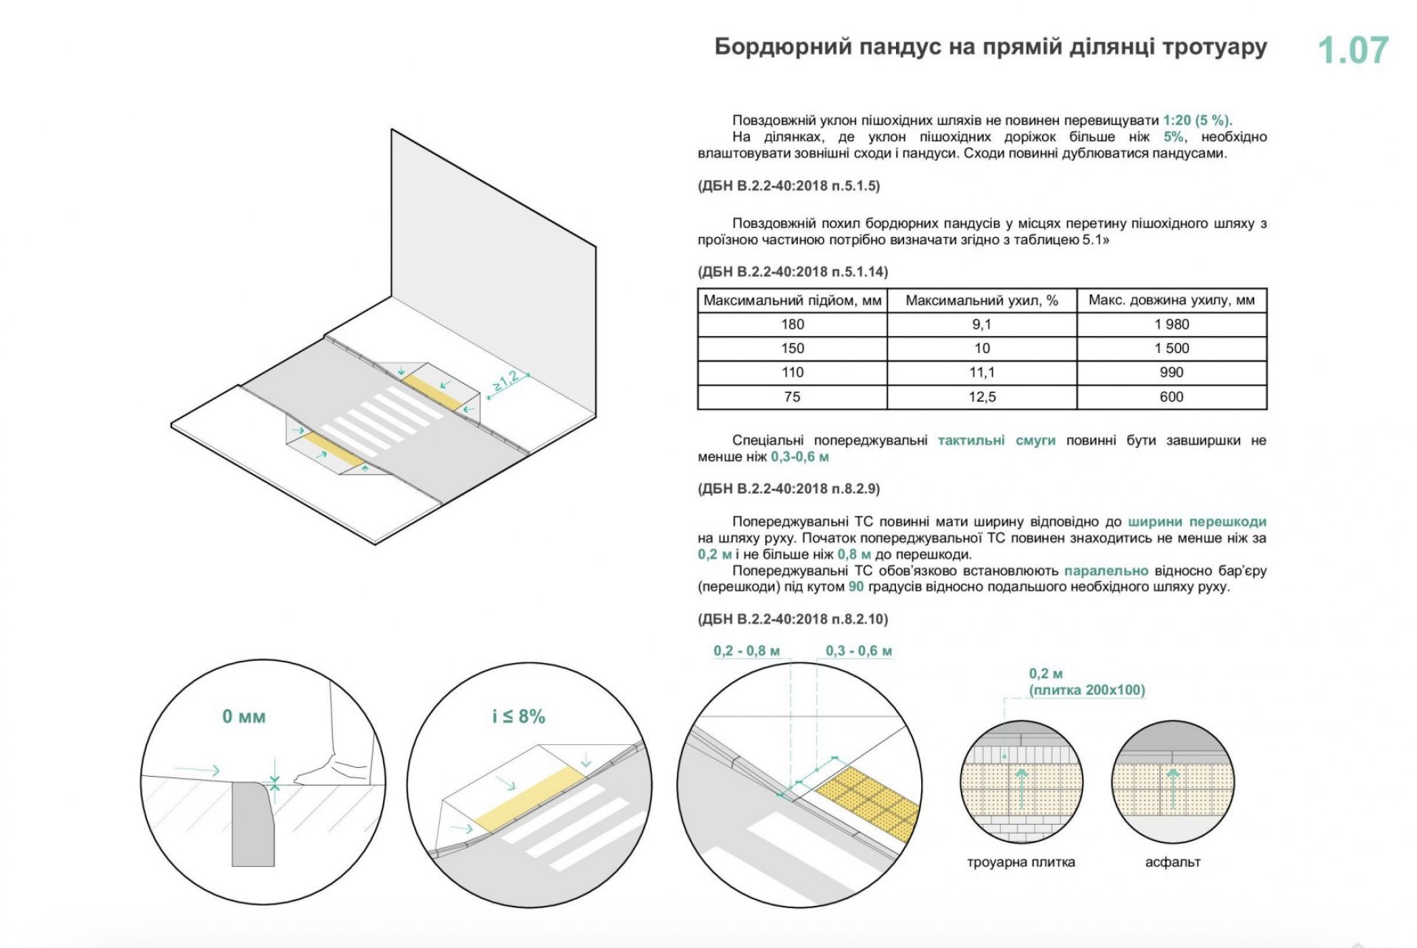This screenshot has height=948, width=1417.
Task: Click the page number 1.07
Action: pos(1353,50)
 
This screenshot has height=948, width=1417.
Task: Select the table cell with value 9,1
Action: pos(982,324)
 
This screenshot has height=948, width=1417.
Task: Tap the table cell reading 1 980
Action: pos(1172,324)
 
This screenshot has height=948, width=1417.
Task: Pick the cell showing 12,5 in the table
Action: pos(982,397)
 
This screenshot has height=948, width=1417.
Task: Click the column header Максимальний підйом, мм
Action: pos(792,300)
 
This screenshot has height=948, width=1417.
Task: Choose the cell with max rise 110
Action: pos(792,373)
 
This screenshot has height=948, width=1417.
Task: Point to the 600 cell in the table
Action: pos(1172,397)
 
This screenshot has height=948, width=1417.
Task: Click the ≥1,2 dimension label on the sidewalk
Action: pos(506,380)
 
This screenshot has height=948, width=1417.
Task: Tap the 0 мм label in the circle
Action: pos(244,716)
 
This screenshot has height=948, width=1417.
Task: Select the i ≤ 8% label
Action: pos(518,716)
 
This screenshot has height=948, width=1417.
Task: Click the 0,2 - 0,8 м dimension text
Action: pos(746,651)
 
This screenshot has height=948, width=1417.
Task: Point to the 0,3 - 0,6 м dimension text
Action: pos(858,651)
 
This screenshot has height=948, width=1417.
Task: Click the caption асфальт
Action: pos(1173,862)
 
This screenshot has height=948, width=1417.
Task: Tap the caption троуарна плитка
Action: pos(1021,862)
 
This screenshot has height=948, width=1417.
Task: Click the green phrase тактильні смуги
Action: pos(996,441)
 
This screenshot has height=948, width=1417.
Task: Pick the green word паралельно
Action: pos(1106,571)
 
